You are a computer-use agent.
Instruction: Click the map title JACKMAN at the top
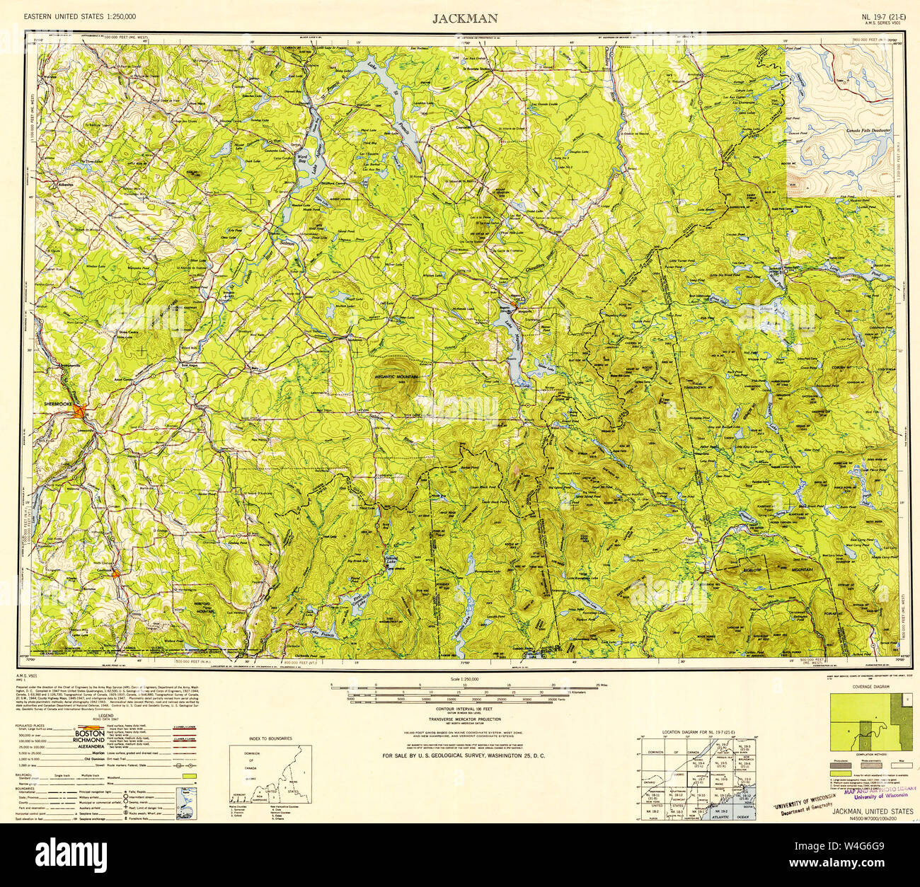[x=465, y=18]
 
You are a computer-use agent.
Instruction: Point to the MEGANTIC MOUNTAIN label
[x=397, y=376]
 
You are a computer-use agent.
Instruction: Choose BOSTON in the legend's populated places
[x=89, y=734]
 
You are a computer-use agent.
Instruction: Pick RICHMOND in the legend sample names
[x=89, y=740]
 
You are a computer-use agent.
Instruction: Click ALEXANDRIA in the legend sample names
[x=89, y=746]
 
